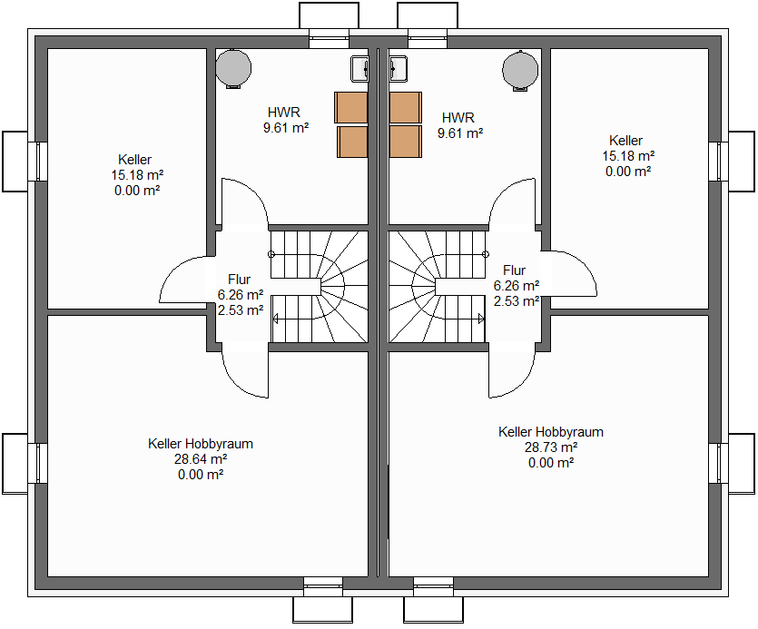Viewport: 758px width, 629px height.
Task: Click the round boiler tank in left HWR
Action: coord(233,69)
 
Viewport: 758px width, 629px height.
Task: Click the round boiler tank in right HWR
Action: coord(520,70)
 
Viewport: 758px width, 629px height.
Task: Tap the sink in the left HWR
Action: coord(359,69)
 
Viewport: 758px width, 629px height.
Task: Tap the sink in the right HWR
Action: coord(398,69)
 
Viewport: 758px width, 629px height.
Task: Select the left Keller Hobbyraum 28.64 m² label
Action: coord(201,459)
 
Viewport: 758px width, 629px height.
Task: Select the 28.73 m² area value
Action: coord(551,447)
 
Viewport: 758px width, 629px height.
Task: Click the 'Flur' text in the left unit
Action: coord(240,280)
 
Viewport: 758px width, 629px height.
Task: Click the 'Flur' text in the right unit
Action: coord(515,270)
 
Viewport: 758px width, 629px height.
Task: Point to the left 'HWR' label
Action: coord(284,113)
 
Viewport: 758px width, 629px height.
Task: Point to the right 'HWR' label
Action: coord(458,117)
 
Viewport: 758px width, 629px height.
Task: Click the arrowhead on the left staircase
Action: coord(276,319)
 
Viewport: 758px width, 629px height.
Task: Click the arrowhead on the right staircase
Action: coord(481,319)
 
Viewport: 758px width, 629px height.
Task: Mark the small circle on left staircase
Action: coord(271,254)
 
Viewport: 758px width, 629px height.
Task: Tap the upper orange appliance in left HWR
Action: coord(351,107)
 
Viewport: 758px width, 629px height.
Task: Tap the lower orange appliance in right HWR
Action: coord(406,142)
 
